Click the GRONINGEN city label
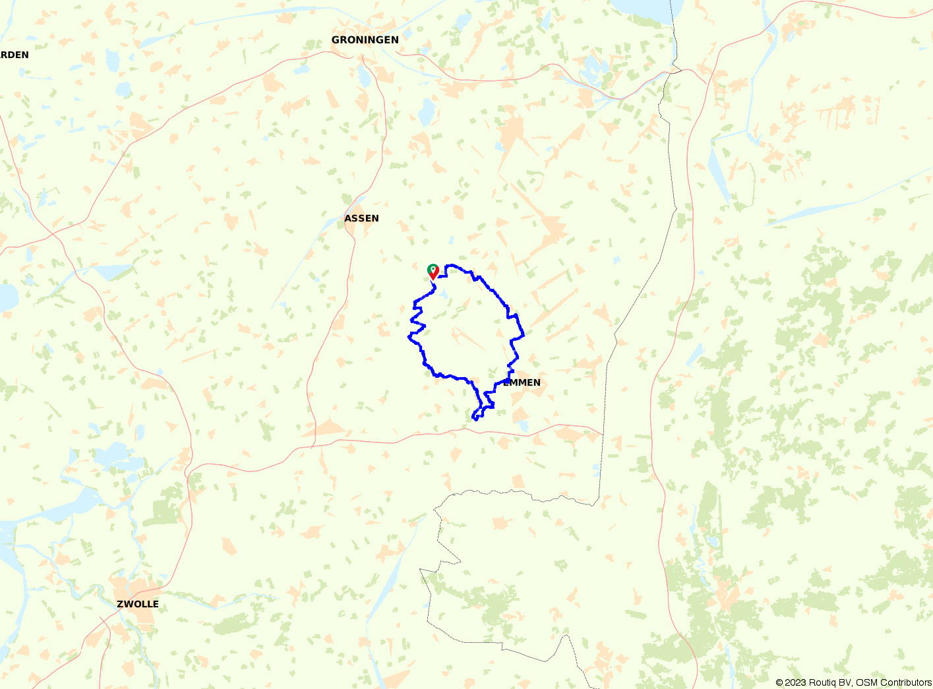365,40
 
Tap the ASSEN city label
361,218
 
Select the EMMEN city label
522,382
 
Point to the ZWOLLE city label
137,604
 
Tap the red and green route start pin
433,271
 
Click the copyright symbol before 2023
779,682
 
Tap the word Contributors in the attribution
906,682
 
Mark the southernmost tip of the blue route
475,419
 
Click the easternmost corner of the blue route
524,335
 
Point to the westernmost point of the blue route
409,336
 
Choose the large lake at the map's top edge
640,7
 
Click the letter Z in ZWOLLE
120,604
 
